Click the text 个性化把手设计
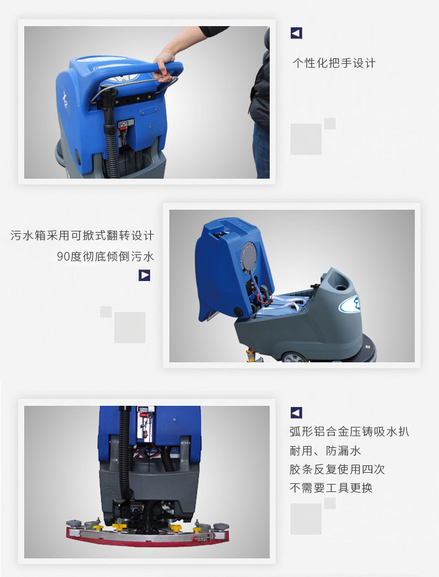(x=334, y=63)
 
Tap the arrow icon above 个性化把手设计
(x=296, y=33)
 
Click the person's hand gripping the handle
(x=164, y=65)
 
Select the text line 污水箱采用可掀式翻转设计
(x=82, y=235)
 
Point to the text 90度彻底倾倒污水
(x=105, y=256)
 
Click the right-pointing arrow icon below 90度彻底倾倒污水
(x=144, y=275)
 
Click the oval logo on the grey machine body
(x=350, y=304)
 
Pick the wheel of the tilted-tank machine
(x=294, y=357)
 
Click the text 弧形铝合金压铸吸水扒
(x=349, y=431)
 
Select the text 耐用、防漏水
(x=325, y=450)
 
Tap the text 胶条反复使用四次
(x=337, y=469)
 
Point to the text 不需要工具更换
(x=331, y=488)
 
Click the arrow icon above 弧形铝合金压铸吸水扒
(x=296, y=413)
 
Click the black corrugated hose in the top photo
(x=111, y=140)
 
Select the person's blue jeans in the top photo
(x=262, y=151)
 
